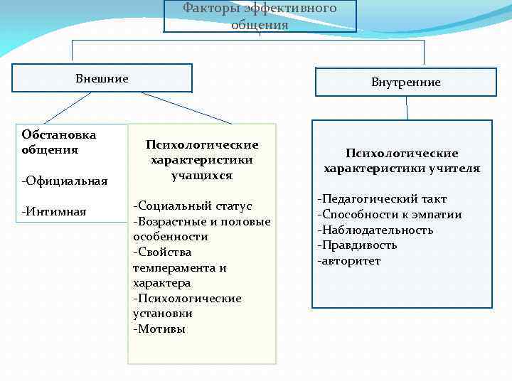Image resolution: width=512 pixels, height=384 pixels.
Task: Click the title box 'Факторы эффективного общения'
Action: [260, 16]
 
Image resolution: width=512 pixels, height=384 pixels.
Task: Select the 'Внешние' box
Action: [102, 78]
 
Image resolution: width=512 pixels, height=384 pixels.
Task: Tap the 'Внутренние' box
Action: [405, 82]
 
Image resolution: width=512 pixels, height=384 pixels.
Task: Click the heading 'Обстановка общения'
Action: [59, 142]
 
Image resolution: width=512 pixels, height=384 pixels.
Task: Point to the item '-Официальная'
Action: [65, 181]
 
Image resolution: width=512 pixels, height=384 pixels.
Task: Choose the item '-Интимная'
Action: [54, 211]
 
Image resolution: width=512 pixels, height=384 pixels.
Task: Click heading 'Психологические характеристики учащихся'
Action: [202, 159]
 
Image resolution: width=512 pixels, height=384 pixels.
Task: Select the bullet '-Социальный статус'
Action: [193, 206]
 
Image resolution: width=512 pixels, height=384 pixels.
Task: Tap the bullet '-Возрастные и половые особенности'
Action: [201, 229]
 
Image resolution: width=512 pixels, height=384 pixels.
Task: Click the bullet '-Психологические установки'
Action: [187, 306]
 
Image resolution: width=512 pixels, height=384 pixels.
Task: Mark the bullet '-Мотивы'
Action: [159, 329]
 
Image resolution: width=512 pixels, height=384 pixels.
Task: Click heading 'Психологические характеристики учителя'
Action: [402, 161]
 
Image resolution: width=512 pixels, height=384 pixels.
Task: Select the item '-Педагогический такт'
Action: [382, 199]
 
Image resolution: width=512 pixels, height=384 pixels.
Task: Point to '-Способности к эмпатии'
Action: [390, 215]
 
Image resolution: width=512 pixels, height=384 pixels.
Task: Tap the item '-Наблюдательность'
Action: [375, 230]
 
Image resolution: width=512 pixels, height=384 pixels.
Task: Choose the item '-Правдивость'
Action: [357, 245]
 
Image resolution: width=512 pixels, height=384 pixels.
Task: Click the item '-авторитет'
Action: [349, 261]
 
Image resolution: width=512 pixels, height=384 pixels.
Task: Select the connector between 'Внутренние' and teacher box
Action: [407, 107]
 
